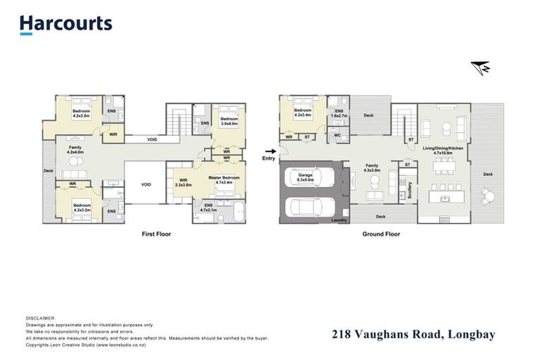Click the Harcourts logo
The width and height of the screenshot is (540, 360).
(x=65, y=24)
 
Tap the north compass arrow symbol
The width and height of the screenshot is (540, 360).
(x=480, y=68)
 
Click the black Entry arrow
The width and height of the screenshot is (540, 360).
(x=269, y=150)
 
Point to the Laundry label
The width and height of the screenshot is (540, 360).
(x=340, y=221)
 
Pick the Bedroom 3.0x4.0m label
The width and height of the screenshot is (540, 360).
(x=229, y=121)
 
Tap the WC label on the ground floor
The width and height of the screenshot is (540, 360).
(x=337, y=136)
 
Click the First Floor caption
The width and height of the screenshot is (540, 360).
(x=156, y=233)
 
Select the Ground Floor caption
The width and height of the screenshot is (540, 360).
(x=382, y=233)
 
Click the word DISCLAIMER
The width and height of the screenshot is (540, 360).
(x=40, y=318)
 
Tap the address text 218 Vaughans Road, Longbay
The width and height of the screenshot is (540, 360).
(x=413, y=335)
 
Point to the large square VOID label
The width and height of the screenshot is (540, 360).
(x=146, y=184)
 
